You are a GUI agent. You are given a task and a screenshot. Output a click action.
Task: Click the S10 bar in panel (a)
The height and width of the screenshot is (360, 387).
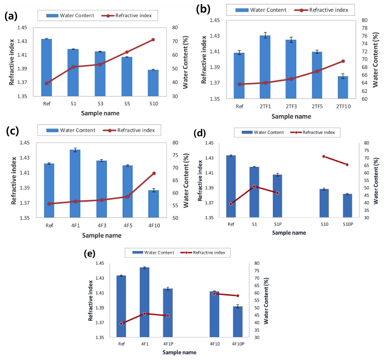pyautogui.click(x=153, y=83)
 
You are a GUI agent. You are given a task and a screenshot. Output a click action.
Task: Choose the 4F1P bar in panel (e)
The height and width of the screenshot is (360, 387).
pyautogui.click(x=167, y=313)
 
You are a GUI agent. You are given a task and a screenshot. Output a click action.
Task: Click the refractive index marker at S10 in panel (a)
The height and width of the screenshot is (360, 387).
pyautogui.click(x=153, y=40)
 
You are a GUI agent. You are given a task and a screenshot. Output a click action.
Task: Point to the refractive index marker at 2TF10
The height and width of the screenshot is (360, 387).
pyautogui.click(x=343, y=61)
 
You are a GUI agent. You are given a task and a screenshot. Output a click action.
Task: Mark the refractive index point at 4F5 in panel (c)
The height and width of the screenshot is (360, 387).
pyautogui.click(x=128, y=197)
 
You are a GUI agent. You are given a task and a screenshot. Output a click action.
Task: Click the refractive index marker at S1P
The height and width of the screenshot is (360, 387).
pyautogui.click(x=277, y=193)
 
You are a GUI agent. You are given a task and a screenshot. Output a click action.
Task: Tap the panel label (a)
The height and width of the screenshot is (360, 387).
pyautogui.click(x=12, y=17)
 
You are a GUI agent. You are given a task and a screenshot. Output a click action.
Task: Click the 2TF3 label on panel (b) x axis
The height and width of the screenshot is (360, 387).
pyautogui.click(x=291, y=107)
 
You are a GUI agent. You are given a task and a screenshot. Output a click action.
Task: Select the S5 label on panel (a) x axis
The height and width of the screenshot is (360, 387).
pyautogui.click(x=127, y=104)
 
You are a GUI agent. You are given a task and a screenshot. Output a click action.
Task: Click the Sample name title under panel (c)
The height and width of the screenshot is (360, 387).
pyautogui.click(x=101, y=235)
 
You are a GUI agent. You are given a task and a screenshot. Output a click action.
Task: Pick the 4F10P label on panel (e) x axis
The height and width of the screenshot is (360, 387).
pyautogui.click(x=238, y=344)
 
